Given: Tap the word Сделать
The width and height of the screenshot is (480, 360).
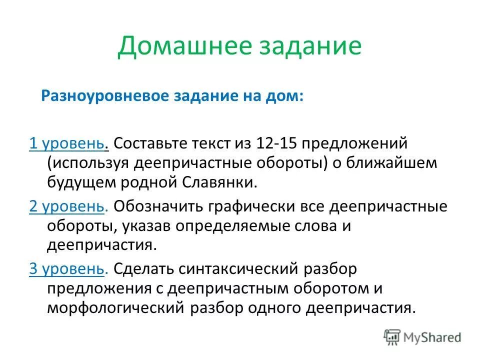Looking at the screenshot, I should pos(140,269).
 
